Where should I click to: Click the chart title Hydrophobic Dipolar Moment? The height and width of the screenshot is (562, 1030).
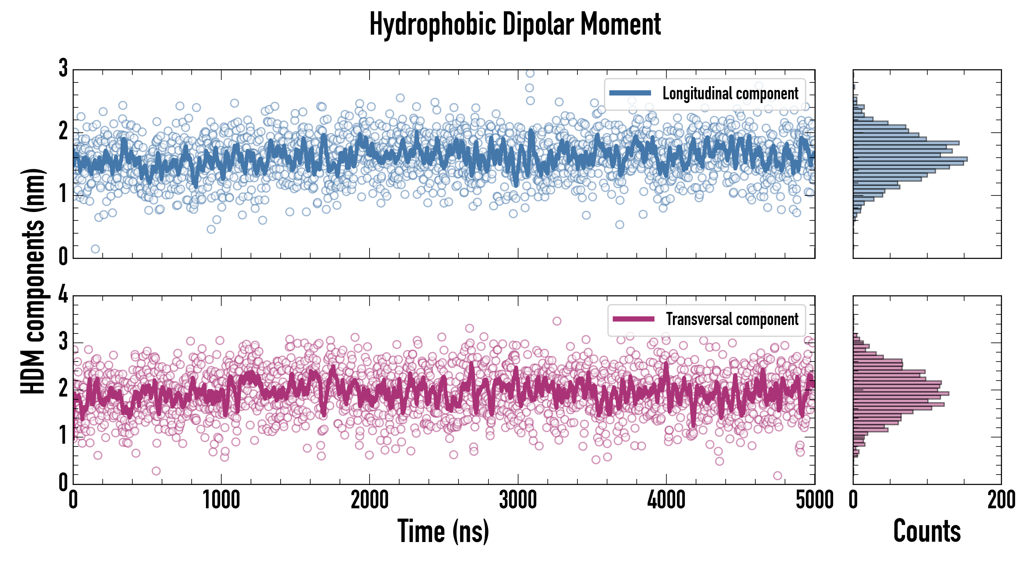tap(515, 25)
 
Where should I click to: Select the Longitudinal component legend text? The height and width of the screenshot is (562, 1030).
tap(730, 94)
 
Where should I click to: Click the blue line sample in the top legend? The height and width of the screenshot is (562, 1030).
tap(630, 93)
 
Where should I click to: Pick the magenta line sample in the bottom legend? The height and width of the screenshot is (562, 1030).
tap(633, 319)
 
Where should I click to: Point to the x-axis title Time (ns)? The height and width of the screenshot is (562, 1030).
tap(443, 531)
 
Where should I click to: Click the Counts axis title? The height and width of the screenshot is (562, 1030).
tap(927, 531)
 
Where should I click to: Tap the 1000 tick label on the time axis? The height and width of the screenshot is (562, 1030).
tap(221, 500)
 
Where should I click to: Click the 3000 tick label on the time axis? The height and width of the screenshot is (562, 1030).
tap(518, 500)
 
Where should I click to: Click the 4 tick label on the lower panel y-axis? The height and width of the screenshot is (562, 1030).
tap(63, 295)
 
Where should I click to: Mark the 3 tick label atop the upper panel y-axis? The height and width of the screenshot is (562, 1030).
tap(63, 68)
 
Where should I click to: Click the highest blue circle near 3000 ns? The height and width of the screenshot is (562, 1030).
tap(530, 73)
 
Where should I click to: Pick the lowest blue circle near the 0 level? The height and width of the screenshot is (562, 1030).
tap(95, 249)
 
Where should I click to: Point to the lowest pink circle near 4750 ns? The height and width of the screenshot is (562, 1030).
tap(777, 475)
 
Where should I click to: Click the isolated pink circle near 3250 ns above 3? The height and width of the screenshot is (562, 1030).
tap(557, 321)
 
